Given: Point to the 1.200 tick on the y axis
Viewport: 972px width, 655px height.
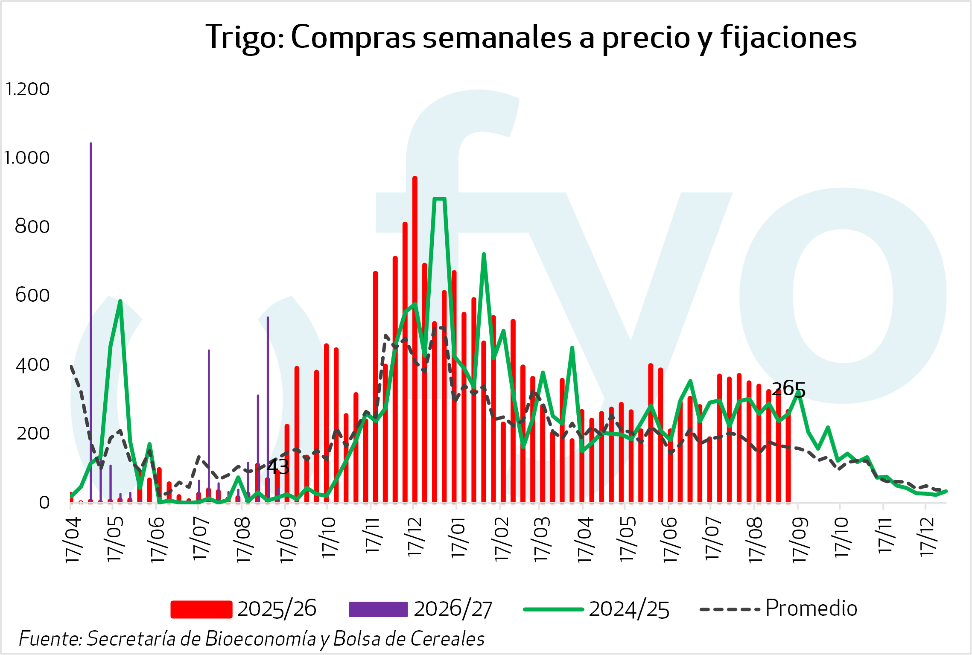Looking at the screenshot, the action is [27, 89].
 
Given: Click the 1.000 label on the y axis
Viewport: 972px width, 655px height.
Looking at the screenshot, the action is [26, 158].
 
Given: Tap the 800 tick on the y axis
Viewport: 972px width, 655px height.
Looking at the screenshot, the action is [32, 227].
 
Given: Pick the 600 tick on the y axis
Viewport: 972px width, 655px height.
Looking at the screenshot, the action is [32, 295].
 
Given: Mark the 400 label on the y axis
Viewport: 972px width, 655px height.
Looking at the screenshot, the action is [32, 365].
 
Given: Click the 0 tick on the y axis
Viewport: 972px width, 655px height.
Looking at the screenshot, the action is [44, 503].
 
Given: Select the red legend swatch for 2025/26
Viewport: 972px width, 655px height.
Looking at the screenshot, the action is [201, 609].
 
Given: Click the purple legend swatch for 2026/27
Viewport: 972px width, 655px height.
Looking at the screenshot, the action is [378, 609].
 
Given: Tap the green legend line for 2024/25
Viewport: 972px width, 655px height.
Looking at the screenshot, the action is [553, 609].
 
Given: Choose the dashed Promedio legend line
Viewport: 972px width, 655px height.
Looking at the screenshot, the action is [730, 609].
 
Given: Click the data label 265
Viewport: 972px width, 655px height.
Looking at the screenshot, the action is [788, 389].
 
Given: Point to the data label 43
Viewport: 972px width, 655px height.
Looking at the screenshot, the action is [278, 467].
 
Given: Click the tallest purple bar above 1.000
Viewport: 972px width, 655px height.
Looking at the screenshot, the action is [91, 323].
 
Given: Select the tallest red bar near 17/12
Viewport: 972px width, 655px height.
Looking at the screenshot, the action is [415, 339].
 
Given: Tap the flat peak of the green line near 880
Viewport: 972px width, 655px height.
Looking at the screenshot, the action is [440, 198].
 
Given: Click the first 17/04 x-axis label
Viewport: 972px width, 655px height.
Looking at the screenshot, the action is [73, 539].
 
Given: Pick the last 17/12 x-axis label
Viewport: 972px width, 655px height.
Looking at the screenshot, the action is [928, 536].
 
